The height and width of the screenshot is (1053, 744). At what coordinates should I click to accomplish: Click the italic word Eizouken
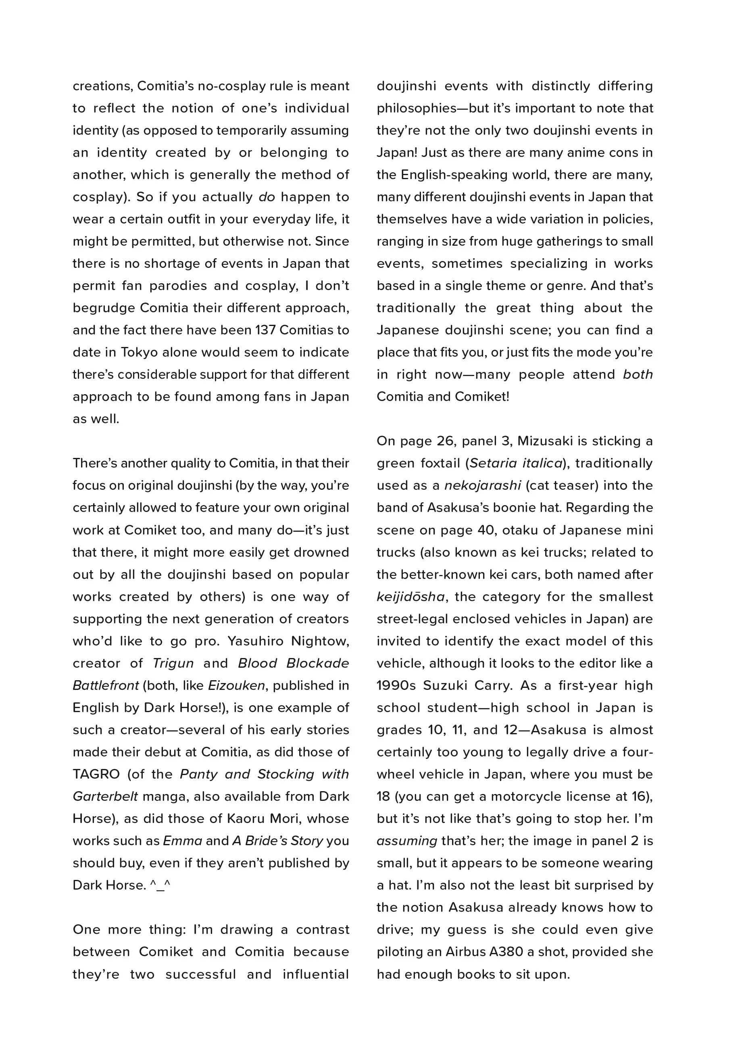click(x=236, y=685)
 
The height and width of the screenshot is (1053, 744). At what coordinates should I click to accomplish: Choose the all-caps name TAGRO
click(x=96, y=774)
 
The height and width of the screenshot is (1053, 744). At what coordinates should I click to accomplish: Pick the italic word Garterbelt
click(x=105, y=796)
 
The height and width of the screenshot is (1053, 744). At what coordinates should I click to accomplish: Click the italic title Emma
click(x=182, y=841)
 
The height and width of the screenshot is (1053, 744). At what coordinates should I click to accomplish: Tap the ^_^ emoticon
click(x=160, y=885)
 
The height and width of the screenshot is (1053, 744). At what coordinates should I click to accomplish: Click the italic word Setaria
click(x=492, y=463)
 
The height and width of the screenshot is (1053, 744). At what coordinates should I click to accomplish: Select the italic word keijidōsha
click(x=410, y=597)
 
